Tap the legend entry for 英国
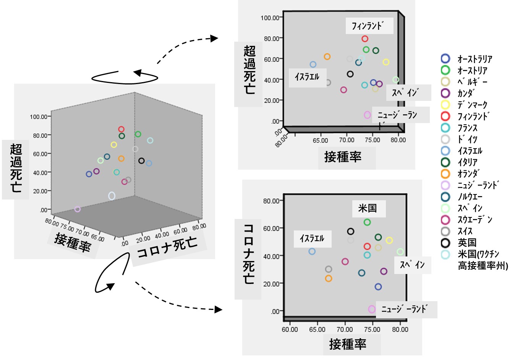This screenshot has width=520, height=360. click(x=467, y=243)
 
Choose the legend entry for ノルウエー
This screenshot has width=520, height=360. click(x=470, y=197)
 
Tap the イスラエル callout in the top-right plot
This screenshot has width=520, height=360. click(x=307, y=77)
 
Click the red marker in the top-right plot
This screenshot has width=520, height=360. click(x=365, y=39)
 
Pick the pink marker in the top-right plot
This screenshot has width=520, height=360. click(x=367, y=115)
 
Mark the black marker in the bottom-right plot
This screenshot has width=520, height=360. click(x=350, y=231)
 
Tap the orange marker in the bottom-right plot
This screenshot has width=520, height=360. click(x=329, y=279)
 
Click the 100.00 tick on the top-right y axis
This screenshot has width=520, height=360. click(x=270, y=18)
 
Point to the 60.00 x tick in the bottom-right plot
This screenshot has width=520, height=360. click(x=290, y=329)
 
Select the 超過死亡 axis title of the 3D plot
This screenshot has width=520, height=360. click(x=16, y=168)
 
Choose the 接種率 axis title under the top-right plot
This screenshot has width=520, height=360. click(x=343, y=157)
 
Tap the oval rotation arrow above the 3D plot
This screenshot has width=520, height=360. click(x=125, y=77)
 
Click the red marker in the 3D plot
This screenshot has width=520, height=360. click(x=121, y=129)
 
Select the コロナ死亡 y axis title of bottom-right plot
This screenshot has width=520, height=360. click(x=249, y=254)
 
